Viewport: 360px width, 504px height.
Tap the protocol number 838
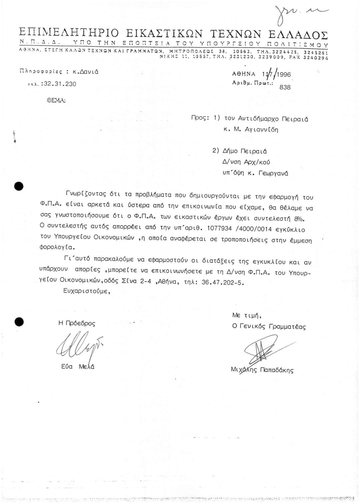click(x=285, y=87)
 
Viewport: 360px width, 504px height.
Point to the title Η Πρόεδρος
click(x=77, y=323)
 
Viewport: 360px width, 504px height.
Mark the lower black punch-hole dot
click(x=19, y=321)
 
